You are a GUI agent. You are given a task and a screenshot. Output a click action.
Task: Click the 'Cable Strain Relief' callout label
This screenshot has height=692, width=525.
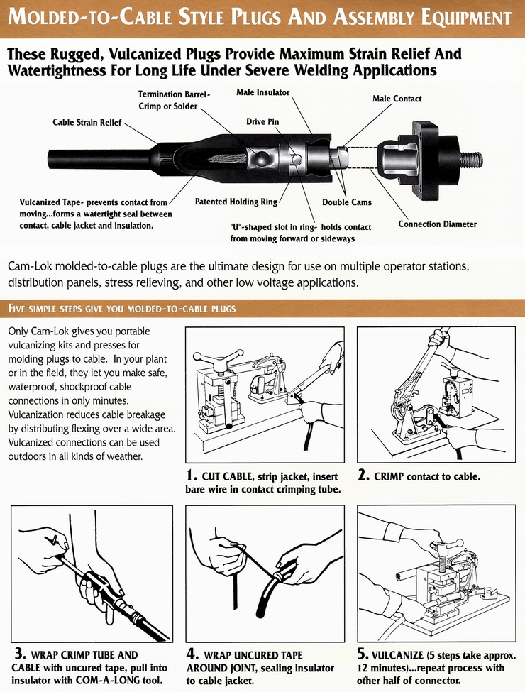[x=87, y=123]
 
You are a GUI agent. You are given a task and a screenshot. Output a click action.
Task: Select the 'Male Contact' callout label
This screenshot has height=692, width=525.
[x=397, y=99]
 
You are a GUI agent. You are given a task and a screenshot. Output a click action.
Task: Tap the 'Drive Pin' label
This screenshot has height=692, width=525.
[x=262, y=122]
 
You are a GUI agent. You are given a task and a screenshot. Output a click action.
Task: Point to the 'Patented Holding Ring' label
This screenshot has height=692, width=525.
[x=236, y=202]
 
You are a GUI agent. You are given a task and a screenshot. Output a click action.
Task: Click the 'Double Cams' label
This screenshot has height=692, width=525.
[x=346, y=202]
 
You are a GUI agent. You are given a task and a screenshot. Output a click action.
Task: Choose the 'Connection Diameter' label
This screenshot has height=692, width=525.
[x=437, y=224]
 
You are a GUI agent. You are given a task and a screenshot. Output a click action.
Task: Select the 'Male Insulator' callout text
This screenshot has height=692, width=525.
[x=262, y=92]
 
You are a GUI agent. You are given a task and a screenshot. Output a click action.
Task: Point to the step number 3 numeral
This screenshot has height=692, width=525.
[x=19, y=654]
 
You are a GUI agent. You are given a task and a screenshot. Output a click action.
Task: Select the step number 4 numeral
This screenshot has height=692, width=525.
[x=192, y=654]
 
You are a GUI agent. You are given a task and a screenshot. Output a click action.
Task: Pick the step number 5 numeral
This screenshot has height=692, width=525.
[x=363, y=654]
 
